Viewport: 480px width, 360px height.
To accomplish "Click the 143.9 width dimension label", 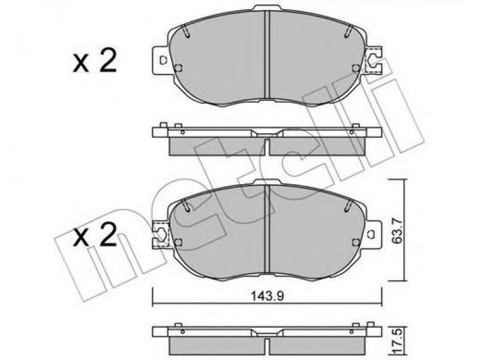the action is point(267,296).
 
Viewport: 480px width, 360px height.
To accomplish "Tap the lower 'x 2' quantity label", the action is point(95,235).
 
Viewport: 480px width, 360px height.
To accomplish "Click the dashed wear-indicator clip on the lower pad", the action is point(160,235).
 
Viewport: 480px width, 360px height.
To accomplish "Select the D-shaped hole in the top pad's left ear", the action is point(163,61).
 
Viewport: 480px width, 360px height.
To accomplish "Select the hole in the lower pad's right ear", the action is point(372,234).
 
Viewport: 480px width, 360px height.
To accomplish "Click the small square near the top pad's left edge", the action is point(178,68).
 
